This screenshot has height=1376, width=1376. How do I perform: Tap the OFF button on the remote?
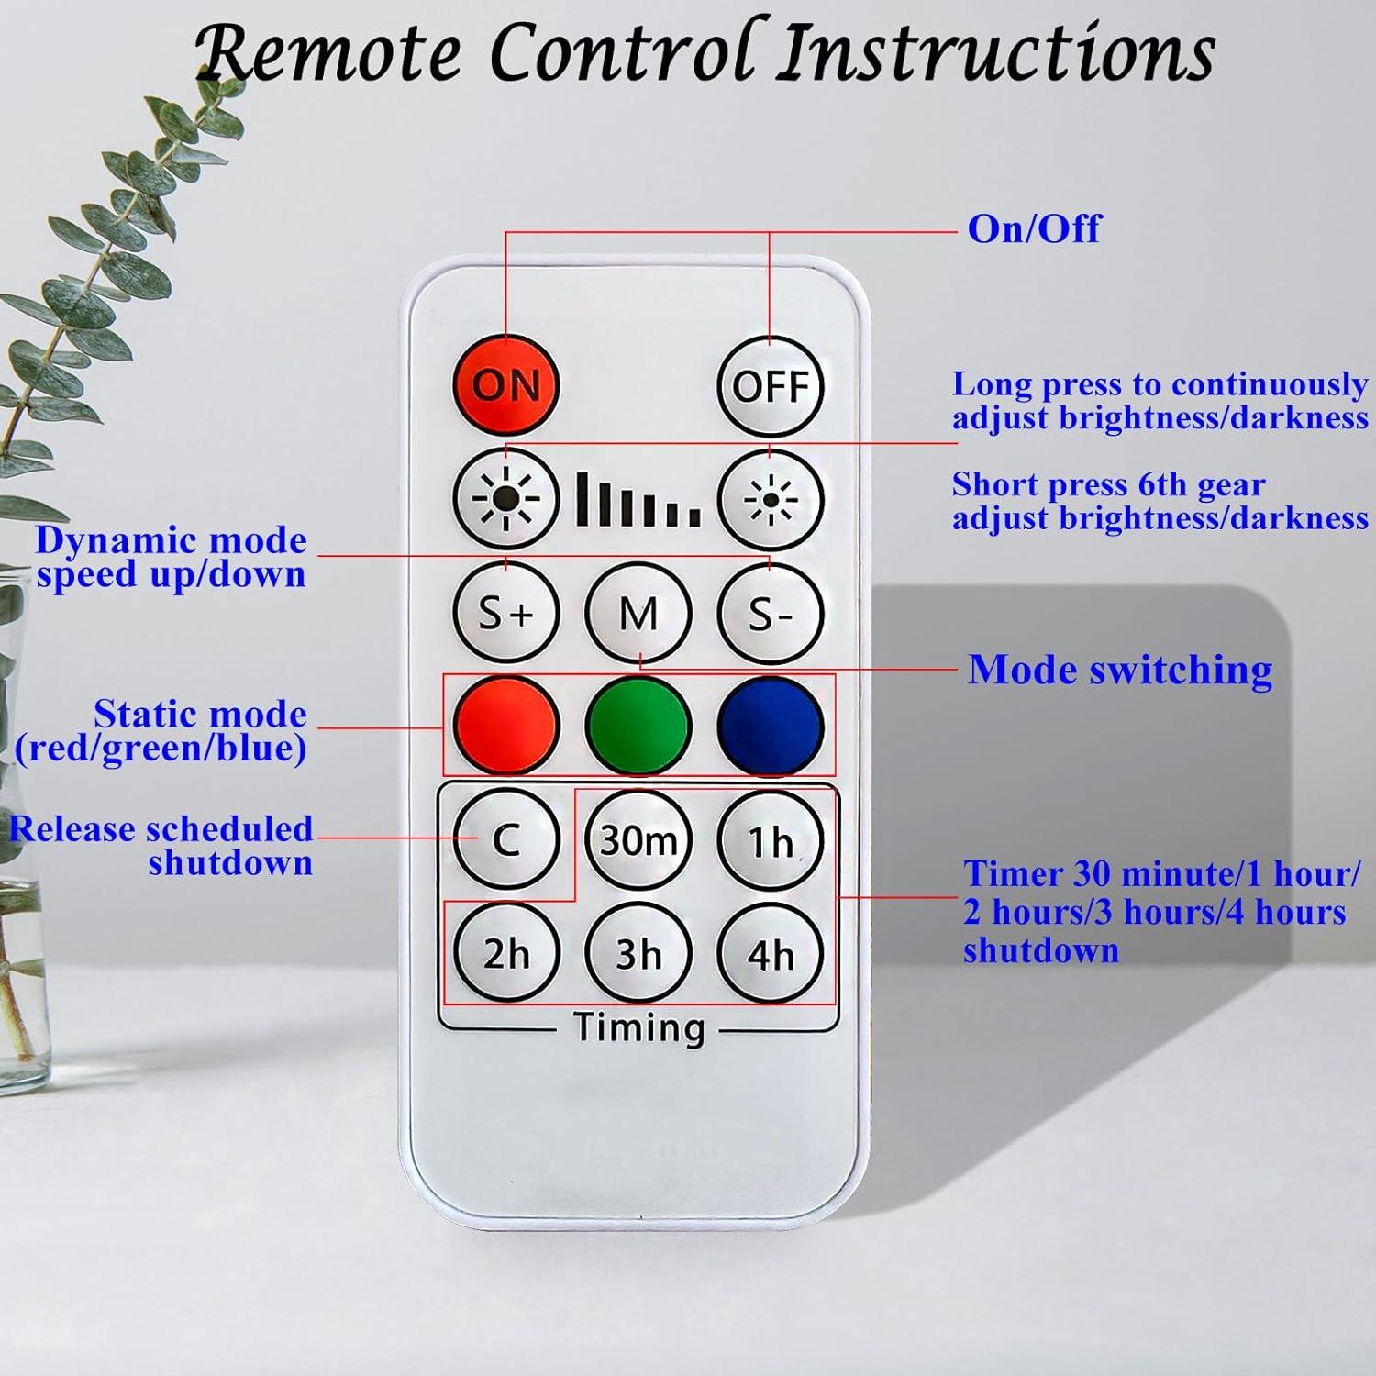tap(770, 386)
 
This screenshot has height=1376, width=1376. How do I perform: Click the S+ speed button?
tap(505, 612)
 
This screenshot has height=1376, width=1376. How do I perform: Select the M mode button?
tap(638, 612)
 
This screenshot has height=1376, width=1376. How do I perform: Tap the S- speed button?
tap(770, 612)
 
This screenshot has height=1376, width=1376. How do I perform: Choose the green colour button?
tap(638, 726)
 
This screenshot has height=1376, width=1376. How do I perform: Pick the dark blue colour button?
tap(770, 726)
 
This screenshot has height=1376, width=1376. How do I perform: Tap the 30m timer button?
tap(638, 839)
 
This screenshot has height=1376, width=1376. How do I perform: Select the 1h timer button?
tap(770, 839)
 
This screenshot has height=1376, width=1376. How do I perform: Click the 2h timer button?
tap(505, 953)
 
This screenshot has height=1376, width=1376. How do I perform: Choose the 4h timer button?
tap(770, 953)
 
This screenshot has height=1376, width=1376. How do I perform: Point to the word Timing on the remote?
tap(638, 1027)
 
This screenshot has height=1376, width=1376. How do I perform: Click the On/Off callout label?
tap(1034, 228)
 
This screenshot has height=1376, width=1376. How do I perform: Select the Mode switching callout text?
tap(1120, 670)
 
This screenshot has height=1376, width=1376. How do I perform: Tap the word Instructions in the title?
tap(995, 53)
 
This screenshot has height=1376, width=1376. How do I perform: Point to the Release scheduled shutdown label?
tap(162, 845)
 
